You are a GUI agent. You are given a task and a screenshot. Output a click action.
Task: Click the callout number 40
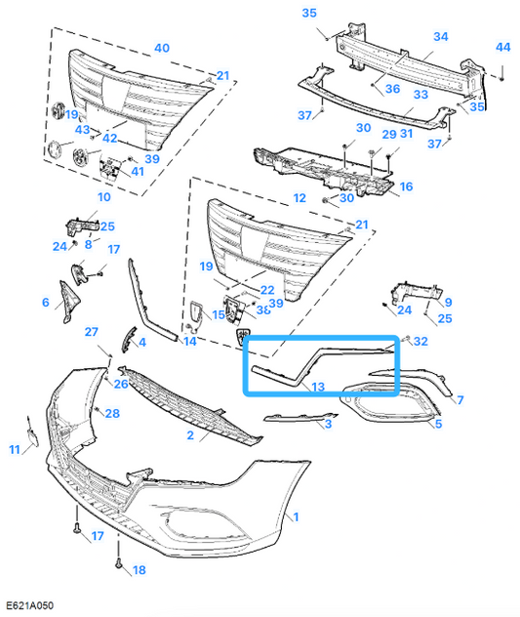point(162,47)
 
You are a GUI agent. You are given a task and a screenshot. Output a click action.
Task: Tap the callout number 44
point(502,47)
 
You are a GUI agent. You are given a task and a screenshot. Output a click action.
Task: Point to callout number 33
point(420,95)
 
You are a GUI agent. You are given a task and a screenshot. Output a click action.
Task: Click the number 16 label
point(406,186)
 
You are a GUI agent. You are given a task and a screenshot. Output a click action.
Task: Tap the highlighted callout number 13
point(319,388)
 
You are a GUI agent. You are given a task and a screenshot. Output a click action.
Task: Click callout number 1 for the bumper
point(296,514)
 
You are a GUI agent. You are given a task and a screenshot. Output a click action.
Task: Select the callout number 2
point(191,435)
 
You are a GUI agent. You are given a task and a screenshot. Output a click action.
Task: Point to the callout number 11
point(15,449)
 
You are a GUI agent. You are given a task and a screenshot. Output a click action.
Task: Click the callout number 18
point(138,569)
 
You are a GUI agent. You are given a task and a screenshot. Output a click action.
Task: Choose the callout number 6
point(45,303)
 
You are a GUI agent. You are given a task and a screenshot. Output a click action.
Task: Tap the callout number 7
point(460,400)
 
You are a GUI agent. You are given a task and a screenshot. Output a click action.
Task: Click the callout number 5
point(438,424)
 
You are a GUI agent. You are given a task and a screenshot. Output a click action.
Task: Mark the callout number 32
point(420,342)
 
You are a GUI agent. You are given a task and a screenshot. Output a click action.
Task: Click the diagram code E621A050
point(30,606)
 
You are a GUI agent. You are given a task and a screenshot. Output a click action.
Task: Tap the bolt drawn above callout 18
point(117,563)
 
